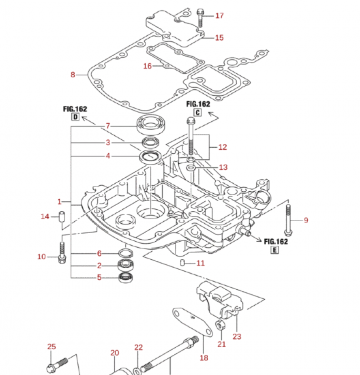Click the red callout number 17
coord(219,15)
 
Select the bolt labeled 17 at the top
coord(200,18)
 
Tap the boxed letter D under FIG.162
coord(75,117)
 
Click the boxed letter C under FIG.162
coord(198,112)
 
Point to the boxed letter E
coord(275,250)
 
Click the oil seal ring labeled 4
coord(150,157)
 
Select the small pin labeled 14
coord(62,216)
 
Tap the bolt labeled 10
coord(62,252)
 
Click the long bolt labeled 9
coord(288,220)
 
